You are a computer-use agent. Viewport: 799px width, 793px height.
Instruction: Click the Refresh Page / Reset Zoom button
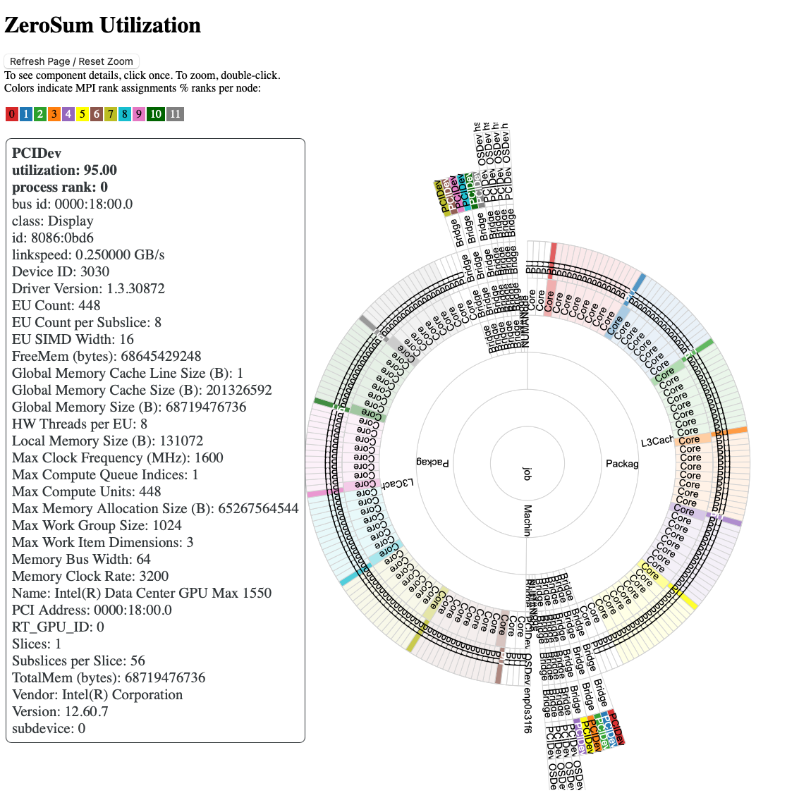(x=71, y=61)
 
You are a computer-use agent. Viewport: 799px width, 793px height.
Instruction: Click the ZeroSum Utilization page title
(x=102, y=25)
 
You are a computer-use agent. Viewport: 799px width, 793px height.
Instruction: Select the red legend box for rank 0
(x=12, y=114)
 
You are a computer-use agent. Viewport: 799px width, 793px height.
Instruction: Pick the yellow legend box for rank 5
(x=83, y=114)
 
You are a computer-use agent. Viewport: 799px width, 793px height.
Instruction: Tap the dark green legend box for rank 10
(x=156, y=114)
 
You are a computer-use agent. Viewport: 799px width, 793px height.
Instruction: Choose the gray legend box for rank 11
(x=175, y=114)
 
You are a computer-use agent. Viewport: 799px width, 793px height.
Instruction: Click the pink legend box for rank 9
(x=138, y=114)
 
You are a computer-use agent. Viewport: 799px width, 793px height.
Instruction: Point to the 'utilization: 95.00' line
(x=64, y=170)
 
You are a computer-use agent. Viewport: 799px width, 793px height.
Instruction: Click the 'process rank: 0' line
(x=60, y=187)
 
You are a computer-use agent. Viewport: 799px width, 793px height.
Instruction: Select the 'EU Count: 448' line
(x=56, y=305)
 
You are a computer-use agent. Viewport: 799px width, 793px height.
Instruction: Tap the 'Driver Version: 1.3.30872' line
(x=88, y=288)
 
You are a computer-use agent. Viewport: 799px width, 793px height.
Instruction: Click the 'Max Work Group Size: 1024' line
(x=97, y=525)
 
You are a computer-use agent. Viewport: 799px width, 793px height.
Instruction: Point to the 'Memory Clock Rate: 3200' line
(x=90, y=576)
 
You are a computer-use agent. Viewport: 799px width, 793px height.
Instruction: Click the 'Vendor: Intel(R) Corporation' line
(x=97, y=694)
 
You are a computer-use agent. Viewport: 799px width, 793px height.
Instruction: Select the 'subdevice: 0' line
(x=49, y=728)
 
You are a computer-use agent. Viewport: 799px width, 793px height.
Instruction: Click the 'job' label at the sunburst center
(x=526, y=473)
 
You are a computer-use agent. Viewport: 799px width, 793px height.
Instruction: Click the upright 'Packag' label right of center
(x=622, y=464)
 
